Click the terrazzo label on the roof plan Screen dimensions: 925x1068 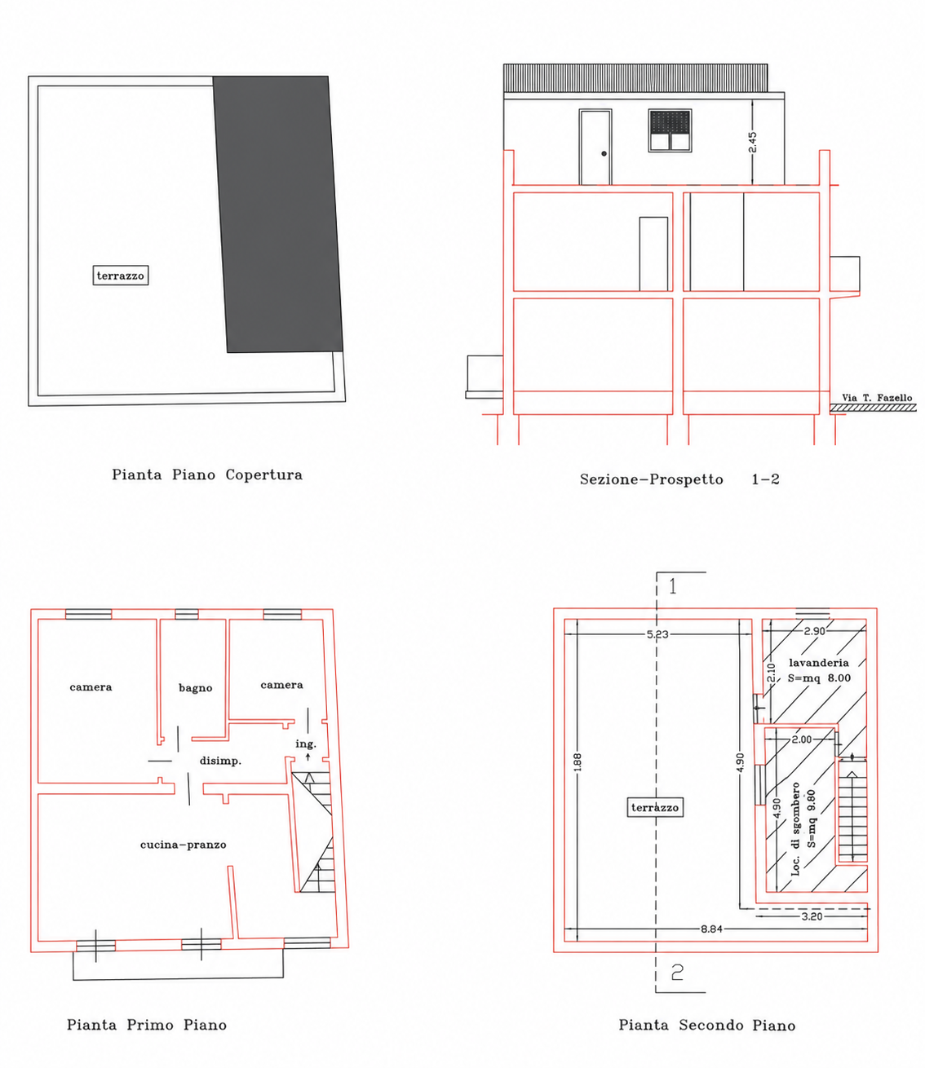121,276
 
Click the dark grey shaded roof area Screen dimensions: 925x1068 278,214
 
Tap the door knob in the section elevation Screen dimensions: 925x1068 604,153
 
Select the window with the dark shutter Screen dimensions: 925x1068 671,130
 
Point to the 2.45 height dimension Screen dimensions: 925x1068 752,142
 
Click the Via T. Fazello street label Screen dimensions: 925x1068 877,397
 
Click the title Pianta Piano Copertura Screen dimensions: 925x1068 207,474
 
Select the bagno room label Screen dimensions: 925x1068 196,688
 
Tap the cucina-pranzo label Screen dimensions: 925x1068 183,845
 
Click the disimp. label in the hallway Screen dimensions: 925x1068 221,761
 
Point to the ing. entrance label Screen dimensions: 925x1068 306,744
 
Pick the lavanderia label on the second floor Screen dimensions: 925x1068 819,662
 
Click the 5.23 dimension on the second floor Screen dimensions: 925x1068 657,634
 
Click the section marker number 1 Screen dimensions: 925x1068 673,586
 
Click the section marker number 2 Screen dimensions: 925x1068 677,973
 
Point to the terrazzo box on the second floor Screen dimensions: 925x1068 655,808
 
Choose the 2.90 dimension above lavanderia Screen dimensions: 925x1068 814,631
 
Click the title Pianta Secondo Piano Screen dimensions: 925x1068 707,1025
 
